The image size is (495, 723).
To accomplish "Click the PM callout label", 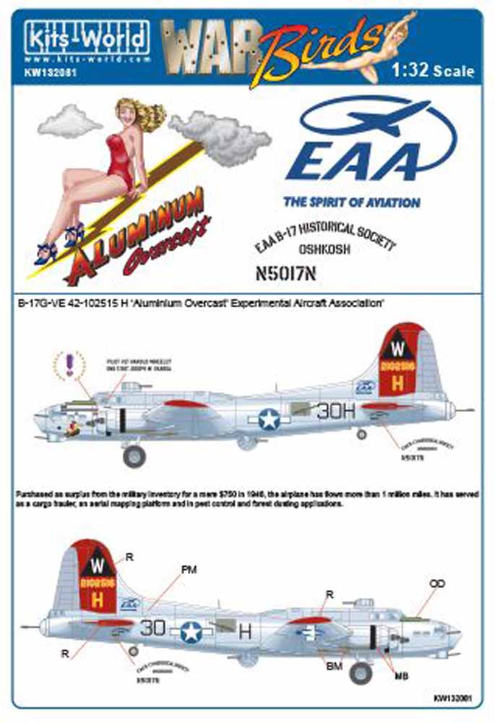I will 189,570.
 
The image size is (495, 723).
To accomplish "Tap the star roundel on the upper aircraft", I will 269,419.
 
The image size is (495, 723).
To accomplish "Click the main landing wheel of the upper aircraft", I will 134,455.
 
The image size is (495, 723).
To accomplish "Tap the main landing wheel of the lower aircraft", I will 360,673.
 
